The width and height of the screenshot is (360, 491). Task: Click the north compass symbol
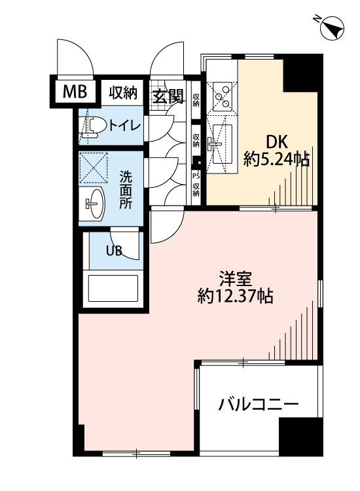pyautogui.click(x=331, y=28)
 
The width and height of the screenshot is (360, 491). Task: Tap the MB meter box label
pyautogui.click(x=75, y=92)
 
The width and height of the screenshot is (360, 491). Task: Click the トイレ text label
pyautogui.click(x=124, y=126)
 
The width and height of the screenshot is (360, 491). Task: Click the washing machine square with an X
pyautogui.click(x=94, y=168)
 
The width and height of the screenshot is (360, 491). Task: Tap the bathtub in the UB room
pyautogui.click(x=113, y=288)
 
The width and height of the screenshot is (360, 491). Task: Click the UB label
pyautogui.click(x=114, y=251)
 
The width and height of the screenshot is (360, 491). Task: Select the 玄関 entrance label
pyautogui.click(x=168, y=96)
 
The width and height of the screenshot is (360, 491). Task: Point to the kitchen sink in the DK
pyautogui.click(x=222, y=144)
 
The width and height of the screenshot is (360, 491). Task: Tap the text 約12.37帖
pyautogui.click(x=235, y=296)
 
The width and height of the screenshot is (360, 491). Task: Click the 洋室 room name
pyautogui.click(x=236, y=279)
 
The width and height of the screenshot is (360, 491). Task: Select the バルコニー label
pyautogui.click(x=259, y=405)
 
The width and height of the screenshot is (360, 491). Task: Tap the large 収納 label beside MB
pyautogui.click(x=123, y=93)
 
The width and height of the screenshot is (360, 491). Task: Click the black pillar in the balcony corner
pyautogui.click(x=300, y=437)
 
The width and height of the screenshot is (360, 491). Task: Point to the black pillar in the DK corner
pyautogui.click(x=303, y=73)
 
